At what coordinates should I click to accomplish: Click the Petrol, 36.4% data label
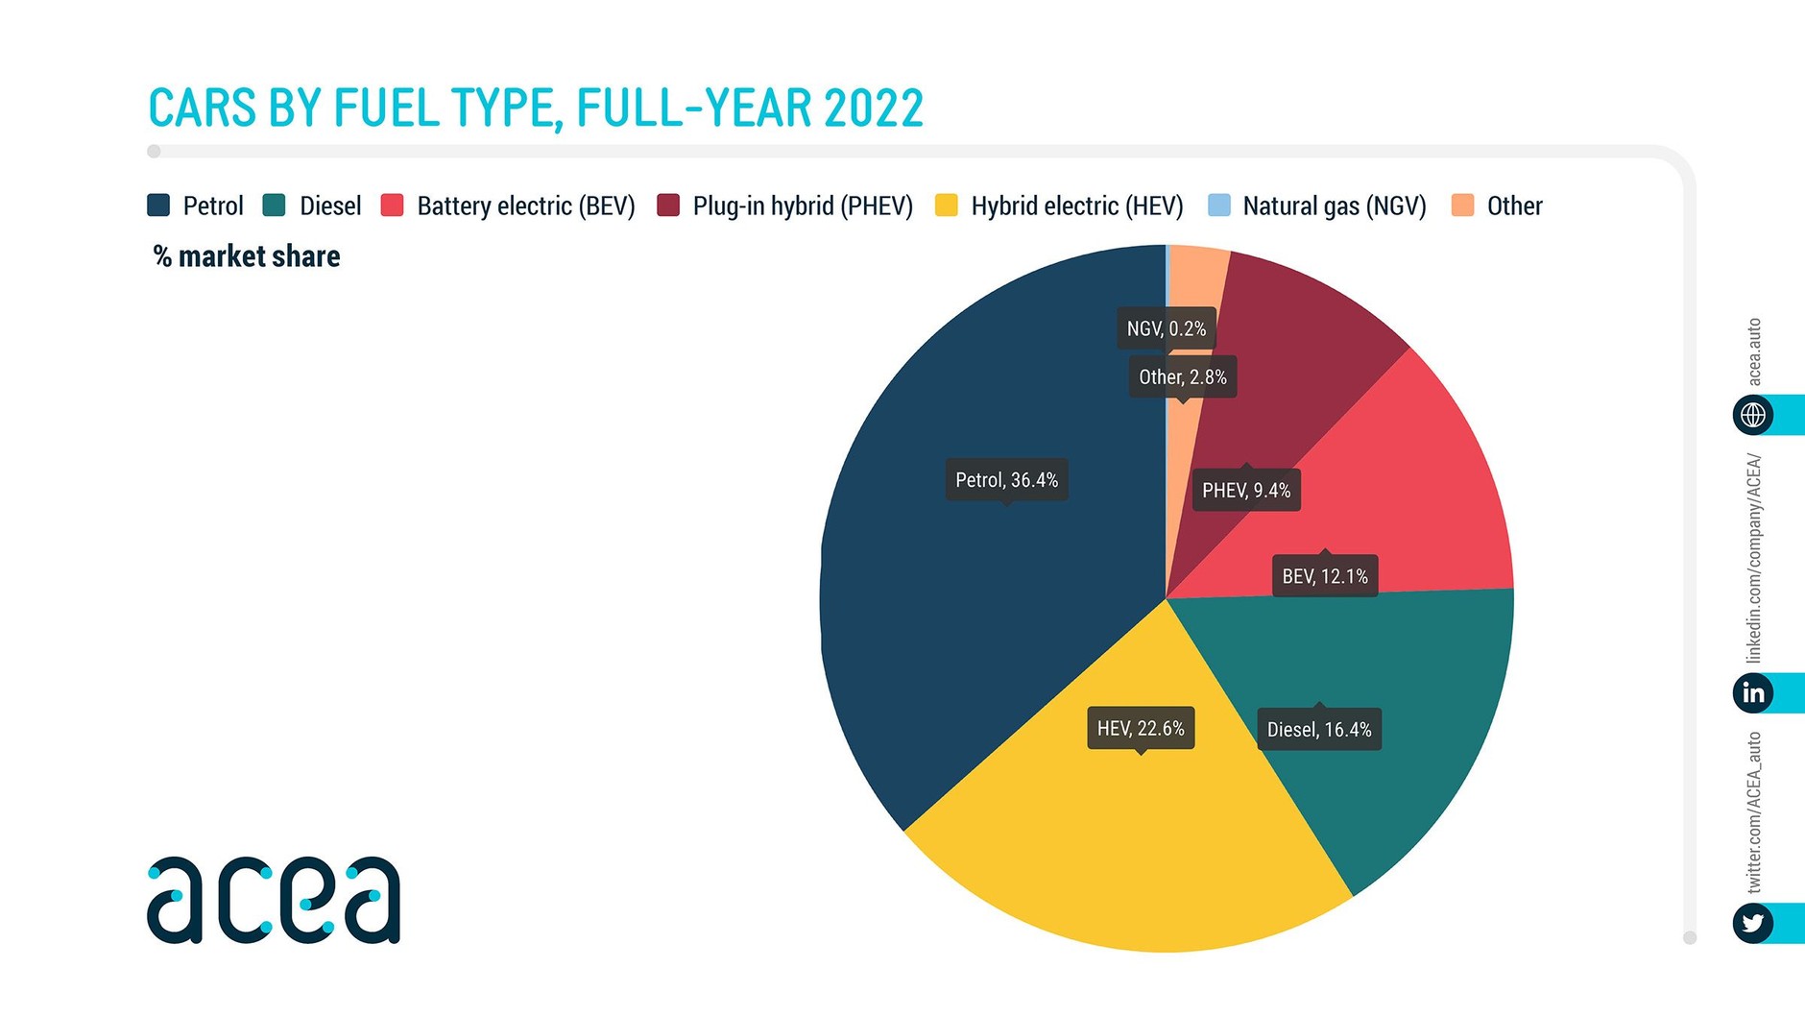[1006, 479]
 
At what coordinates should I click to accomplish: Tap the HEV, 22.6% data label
[1141, 728]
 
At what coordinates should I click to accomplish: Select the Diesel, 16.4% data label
[1319, 729]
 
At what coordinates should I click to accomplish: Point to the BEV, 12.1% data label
[1325, 576]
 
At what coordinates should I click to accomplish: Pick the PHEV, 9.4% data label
[1246, 490]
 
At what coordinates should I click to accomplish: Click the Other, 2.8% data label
[1183, 376]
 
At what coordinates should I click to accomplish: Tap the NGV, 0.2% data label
[1167, 328]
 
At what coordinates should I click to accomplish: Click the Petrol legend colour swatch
[158, 206]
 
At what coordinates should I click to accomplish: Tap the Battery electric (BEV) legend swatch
[392, 206]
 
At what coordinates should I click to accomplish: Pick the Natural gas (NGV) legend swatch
[1218, 206]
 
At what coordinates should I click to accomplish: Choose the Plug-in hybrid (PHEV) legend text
[803, 206]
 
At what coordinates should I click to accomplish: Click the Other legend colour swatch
[1462, 206]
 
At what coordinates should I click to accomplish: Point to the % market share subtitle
[247, 256]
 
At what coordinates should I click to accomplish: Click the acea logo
[274, 900]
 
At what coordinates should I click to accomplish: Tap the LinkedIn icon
[1753, 692]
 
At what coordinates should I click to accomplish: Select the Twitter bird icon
[1753, 923]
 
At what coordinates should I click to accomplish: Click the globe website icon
[1753, 415]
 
